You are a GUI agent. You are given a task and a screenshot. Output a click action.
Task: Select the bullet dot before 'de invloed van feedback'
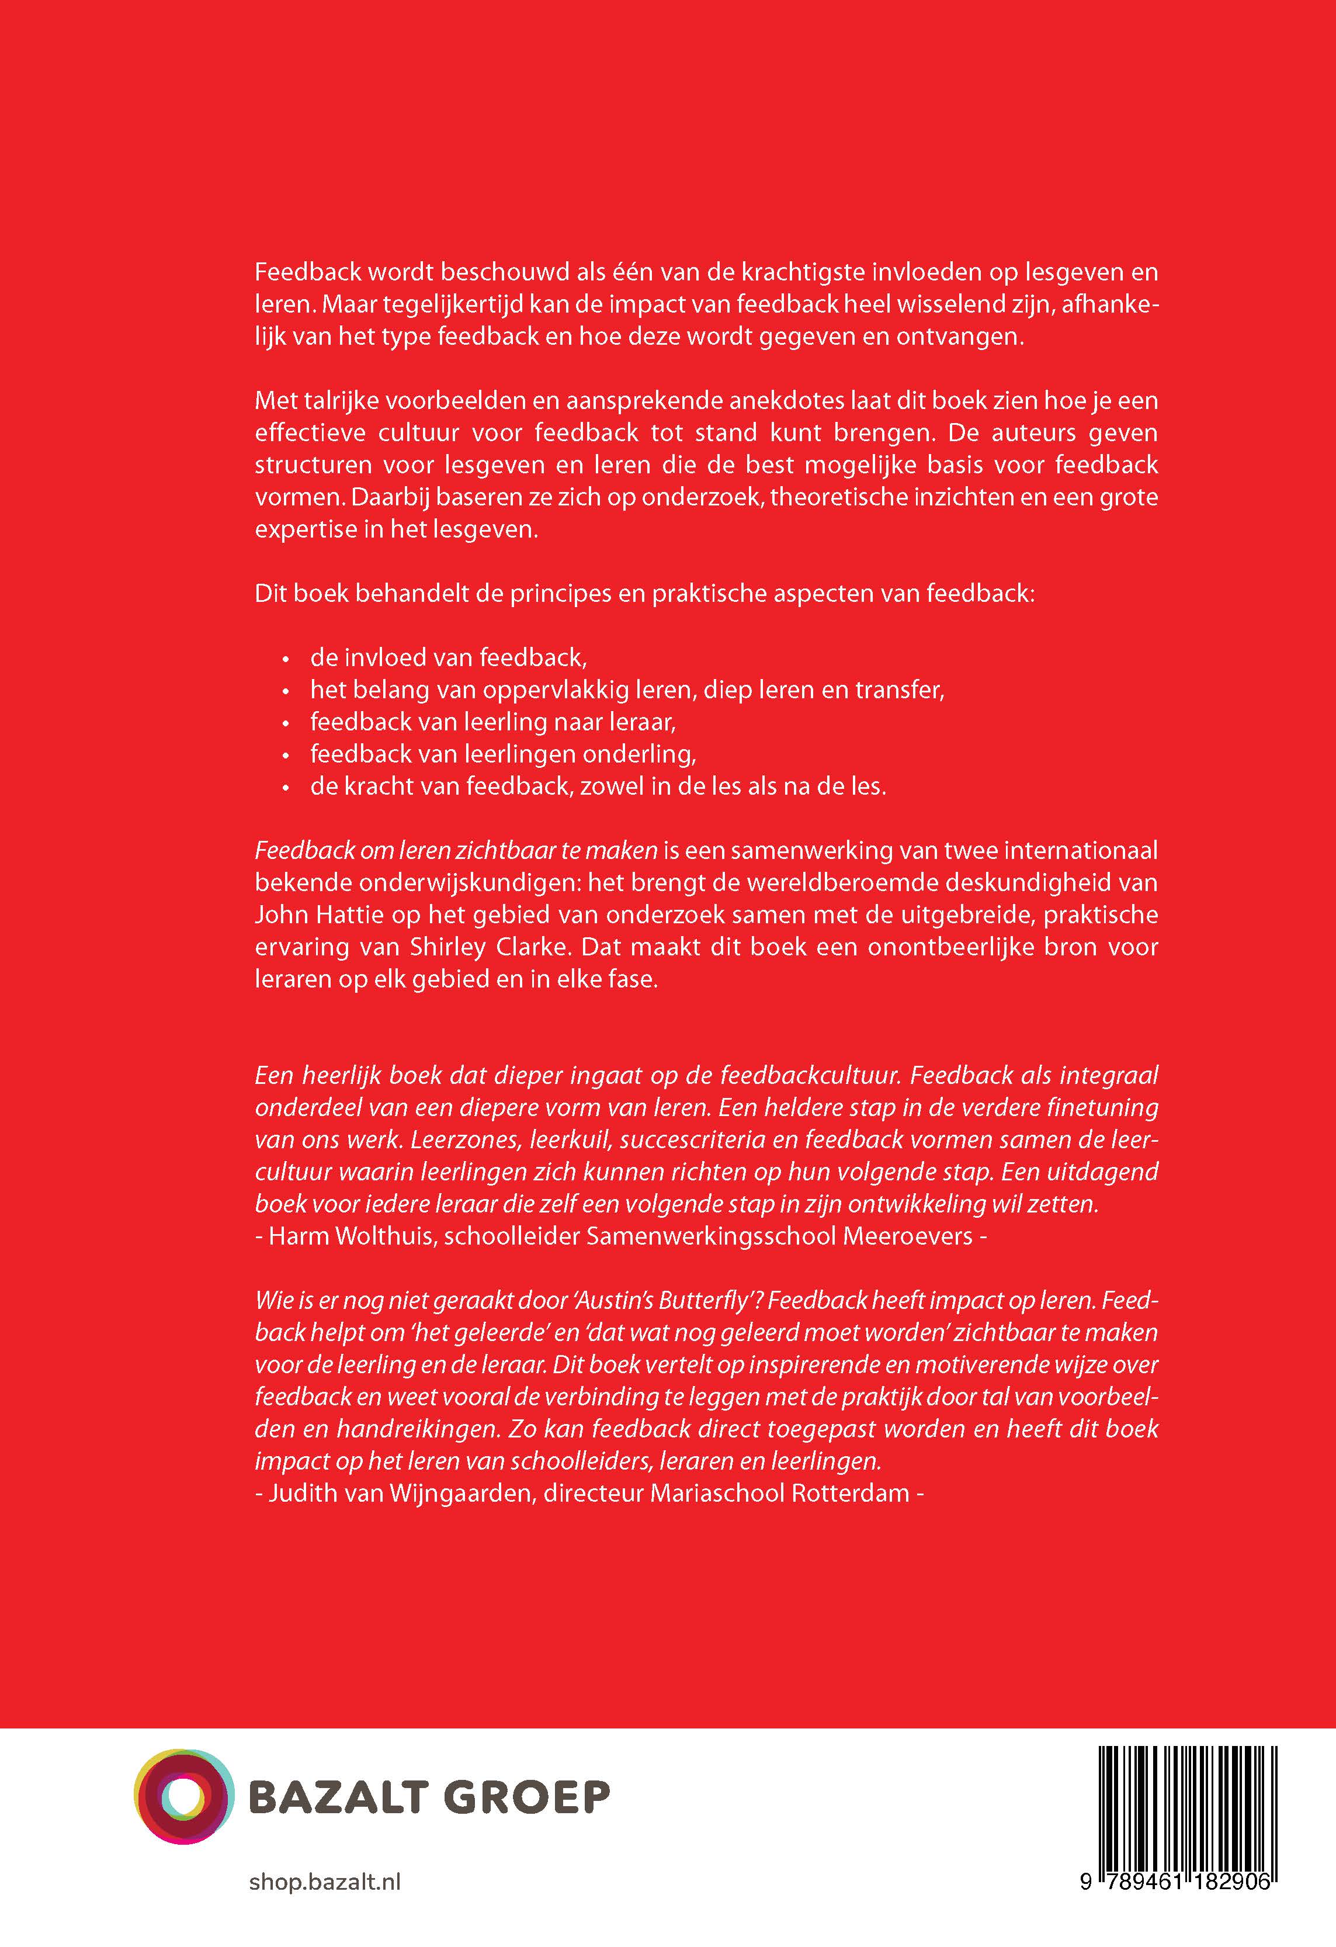286,659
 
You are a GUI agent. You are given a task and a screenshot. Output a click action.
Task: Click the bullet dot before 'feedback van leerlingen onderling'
286,756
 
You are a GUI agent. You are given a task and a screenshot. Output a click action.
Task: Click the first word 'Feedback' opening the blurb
307,272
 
